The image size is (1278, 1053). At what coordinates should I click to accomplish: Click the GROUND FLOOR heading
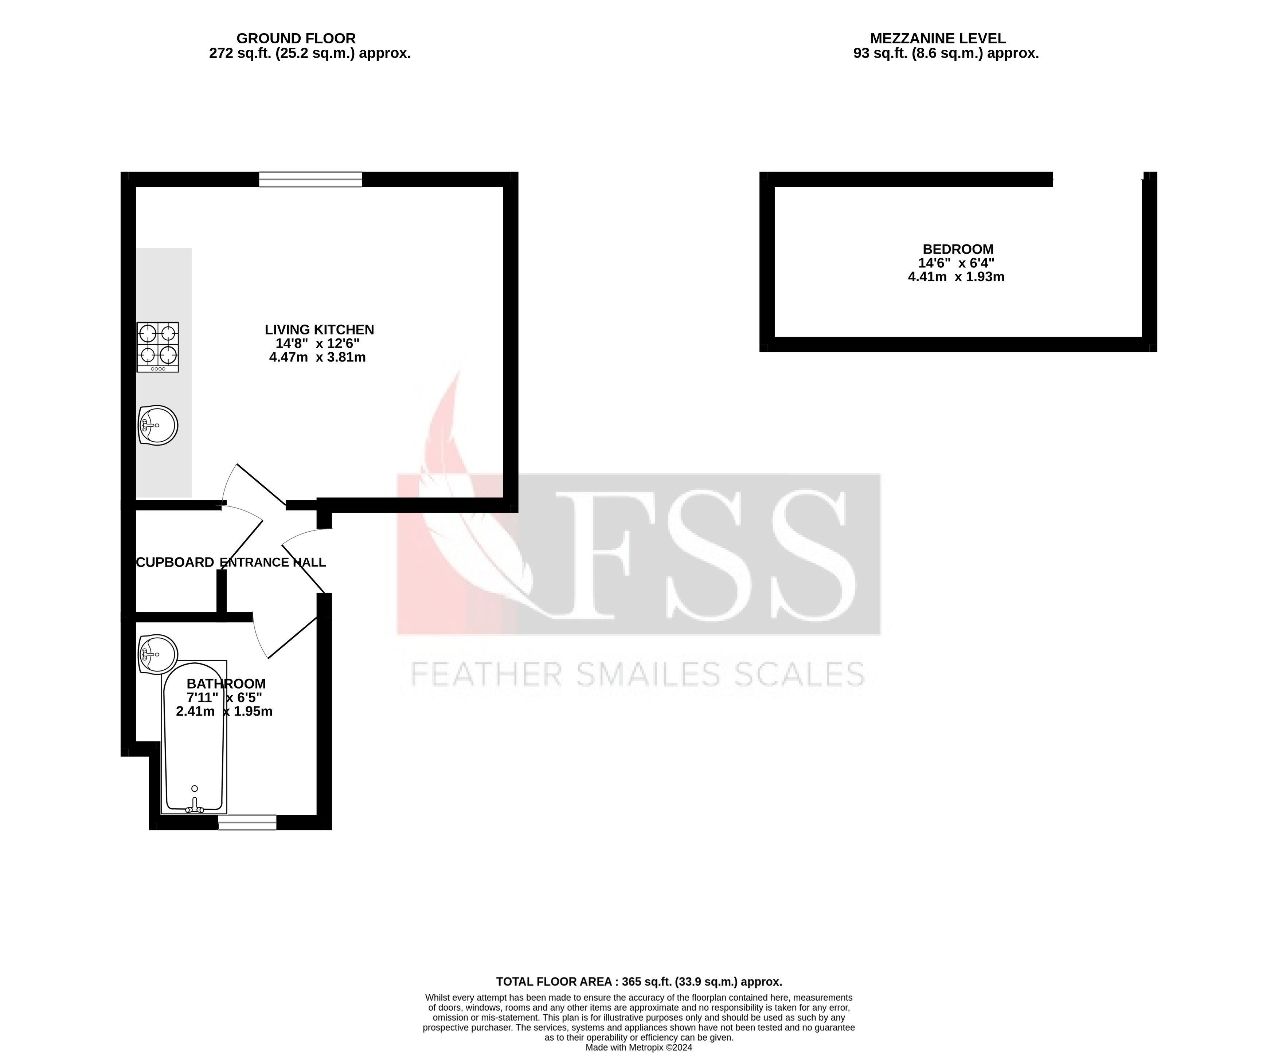coord(296,39)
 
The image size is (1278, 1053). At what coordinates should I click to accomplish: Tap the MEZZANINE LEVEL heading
coord(938,39)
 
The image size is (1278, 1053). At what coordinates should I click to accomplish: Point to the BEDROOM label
coord(958,249)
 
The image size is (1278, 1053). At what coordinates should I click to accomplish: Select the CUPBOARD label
coord(175,562)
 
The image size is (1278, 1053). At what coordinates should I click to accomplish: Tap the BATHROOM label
coord(226,684)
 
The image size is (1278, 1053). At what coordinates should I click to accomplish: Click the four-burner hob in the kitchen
coord(158,347)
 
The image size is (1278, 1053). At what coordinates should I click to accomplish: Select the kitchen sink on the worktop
coord(158,425)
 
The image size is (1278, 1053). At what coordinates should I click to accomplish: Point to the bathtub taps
coord(195,807)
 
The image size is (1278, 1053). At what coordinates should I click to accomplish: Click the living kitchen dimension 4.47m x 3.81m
coord(317,357)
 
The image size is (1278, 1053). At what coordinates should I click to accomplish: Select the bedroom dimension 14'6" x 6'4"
coord(956,263)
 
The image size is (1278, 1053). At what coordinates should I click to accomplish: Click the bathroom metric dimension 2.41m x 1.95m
coord(224,712)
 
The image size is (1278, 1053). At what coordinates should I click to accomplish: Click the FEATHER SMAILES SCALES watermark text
coord(637,674)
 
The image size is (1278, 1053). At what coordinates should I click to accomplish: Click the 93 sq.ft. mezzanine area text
coord(946,53)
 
